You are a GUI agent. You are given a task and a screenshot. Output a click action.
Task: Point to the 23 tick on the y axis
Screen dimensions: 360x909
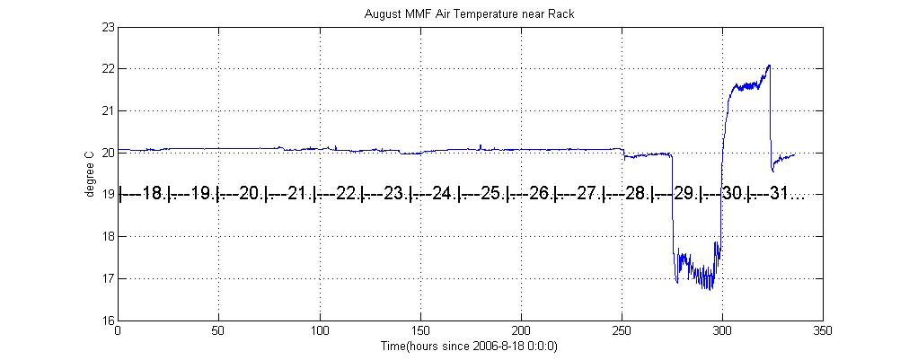tap(108, 27)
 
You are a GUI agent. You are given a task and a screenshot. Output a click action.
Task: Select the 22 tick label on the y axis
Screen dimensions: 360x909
tap(108, 69)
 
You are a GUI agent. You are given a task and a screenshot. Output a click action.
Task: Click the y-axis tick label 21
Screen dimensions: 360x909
tap(108, 110)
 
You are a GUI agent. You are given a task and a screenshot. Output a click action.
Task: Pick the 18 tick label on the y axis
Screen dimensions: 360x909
tap(108, 237)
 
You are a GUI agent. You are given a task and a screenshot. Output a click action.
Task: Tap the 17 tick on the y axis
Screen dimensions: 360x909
tap(108, 279)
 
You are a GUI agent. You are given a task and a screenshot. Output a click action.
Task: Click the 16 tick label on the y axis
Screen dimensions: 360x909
tap(108, 320)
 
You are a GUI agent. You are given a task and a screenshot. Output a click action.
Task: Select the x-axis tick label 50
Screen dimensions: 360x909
tap(218, 331)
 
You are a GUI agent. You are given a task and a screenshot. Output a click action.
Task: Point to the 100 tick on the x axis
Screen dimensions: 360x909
tap(319, 331)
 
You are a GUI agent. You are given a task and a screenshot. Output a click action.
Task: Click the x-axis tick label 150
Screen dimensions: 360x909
tap(419, 331)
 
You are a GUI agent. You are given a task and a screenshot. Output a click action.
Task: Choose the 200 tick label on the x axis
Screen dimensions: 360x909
tap(520, 331)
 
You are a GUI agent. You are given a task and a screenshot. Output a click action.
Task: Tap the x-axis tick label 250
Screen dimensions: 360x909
tap(621, 331)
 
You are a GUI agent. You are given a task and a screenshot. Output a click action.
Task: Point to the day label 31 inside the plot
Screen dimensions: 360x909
tap(781, 194)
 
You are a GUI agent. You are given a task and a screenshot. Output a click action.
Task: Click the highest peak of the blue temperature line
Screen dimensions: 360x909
tap(769, 66)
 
